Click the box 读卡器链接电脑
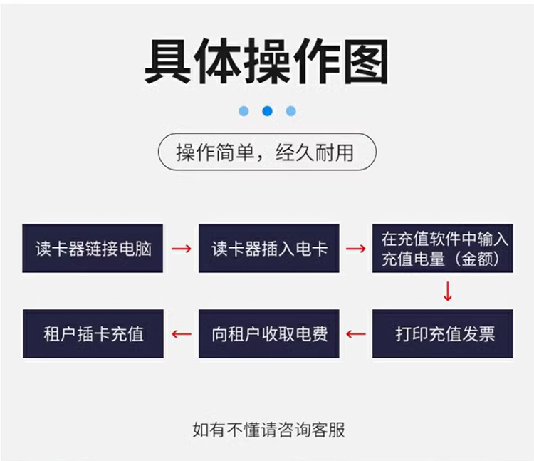pyautogui.click(x=93, y=248)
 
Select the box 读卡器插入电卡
pyautogui.click(x=268, y=248)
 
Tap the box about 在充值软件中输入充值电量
pyautogui.click(x=442, y=248)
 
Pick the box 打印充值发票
pyautogui.click(x=442, y=333)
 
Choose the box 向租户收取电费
pyautogui.click(x=268, y=333)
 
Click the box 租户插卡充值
pyautogui.click(x=93, y=333)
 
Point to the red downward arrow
pyautogui.click(x=448, y=291)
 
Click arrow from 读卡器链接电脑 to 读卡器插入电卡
pyautogui.click(x=181, y=249)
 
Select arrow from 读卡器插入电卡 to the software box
pyautogui.click(x=355, y=249)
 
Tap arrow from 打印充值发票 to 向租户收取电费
pyautogui.click(x=355, y=334)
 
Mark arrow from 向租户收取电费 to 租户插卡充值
pyautogui.click(x=181, y=334)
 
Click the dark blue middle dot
pyautogui.click(x=267, y=111)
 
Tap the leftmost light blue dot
pyautogui.click(x=244, y=111)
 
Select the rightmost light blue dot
pyautogui.click(x=290, y=111)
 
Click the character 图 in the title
pyautogui.click(x=367, y=62)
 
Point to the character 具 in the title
pyautogui.click(x=168, y=62)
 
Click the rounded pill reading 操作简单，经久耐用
pyautogui.click(x=267, y=152)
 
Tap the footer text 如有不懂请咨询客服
pyautogui.click(x=268, y=430)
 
